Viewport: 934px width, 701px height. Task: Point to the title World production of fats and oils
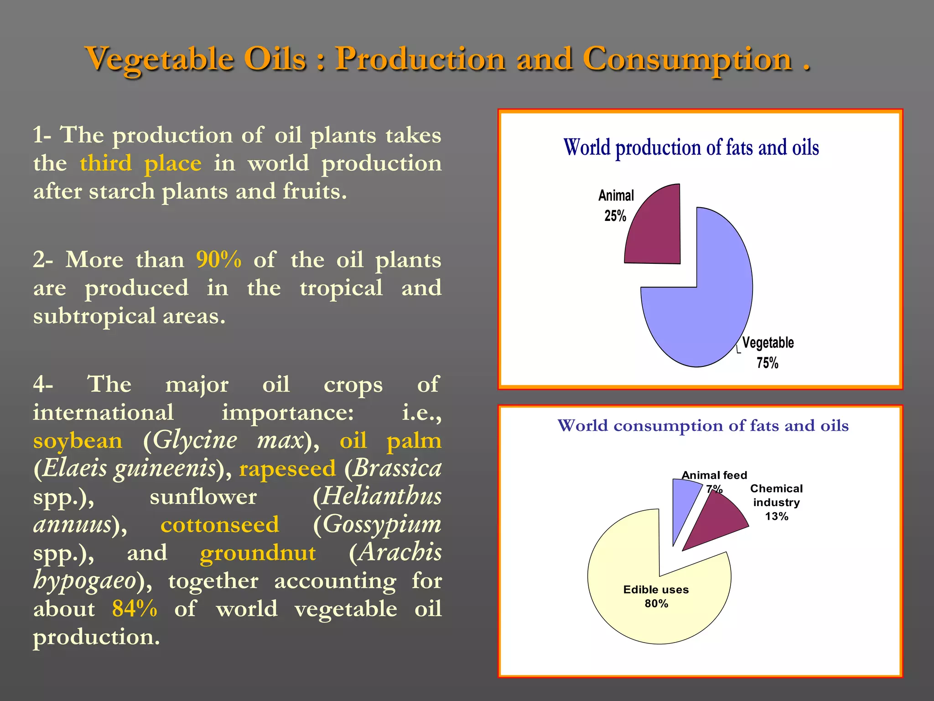[x=691, y=147]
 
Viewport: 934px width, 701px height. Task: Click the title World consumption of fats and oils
[x=703, y=425]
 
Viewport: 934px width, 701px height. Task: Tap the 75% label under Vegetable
[x=767, y=363]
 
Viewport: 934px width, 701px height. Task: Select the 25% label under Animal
[x=615, y=215]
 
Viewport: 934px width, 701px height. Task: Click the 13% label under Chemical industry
[x=776, y=516]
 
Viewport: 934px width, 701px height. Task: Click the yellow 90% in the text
[x=218, y=260]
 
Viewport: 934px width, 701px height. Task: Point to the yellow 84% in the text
[x=135, y=608]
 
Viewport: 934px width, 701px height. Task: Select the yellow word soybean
[x=78, y=440]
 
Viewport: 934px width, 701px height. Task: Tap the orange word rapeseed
[x=287, y=469]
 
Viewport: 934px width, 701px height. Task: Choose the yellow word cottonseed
[x=219, y=524]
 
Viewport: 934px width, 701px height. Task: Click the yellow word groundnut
[x=258, y=553]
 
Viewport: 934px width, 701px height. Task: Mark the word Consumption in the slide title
[x=687, y=59]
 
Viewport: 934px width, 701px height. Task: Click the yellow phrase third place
[x=140, y=163]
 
